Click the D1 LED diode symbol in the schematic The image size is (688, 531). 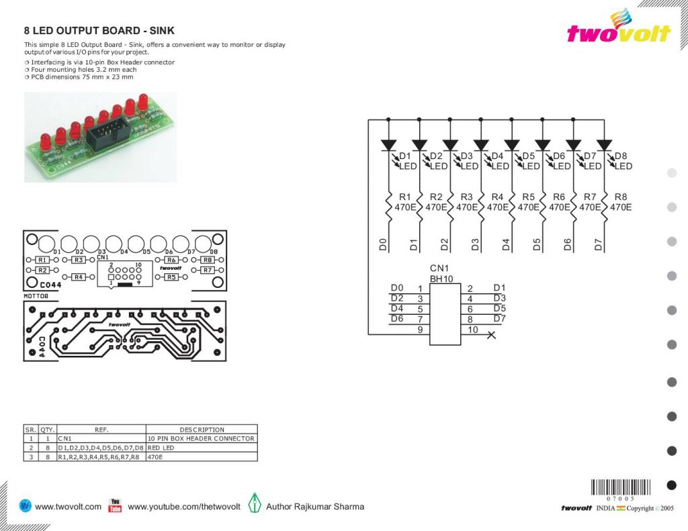pos(388,144)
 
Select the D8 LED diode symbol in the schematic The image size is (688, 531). pos(604,144)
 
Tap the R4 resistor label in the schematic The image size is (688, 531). pos(497,197)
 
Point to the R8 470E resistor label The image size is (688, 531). pos(621,202)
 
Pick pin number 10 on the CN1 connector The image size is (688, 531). pos(472,330)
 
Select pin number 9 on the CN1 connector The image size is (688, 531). pos(420,330)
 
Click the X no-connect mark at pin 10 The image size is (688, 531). pos(491,334)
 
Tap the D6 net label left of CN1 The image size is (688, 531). pos(397,318)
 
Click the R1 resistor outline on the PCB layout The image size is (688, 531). pos(42,260)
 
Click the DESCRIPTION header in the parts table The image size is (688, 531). pos(202,430)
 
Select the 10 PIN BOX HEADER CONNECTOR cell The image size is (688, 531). pos(201,438)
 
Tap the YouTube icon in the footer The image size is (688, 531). pos(115,506)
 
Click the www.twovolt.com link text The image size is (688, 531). pos(68,507)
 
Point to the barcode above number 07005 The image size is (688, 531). pos(621,487)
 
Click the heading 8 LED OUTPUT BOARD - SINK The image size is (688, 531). pos(99,31)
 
